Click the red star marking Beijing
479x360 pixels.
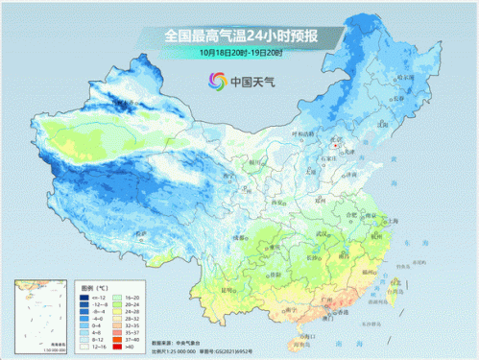coord(335,147)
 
